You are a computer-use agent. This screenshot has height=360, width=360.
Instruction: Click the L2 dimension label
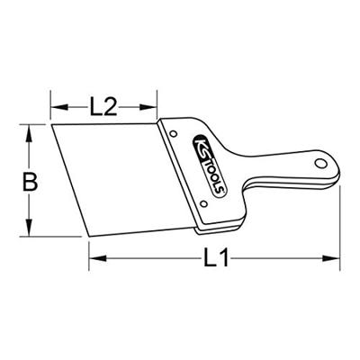pyautogui.click(x=103, y=107)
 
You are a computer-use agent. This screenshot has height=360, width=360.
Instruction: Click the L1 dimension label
pyautogui.click(x=216, y=257)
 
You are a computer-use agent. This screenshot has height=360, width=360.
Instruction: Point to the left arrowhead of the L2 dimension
pyautogui.click(x=59, y=107)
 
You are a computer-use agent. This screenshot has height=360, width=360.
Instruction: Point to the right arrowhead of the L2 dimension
pyautogui.click(x=148, y=107)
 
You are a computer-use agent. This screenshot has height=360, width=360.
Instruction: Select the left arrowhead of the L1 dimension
pyautogui.click(x=98, y=258)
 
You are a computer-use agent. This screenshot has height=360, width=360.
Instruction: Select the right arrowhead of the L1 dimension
pyautogui.click(x=331, y=258)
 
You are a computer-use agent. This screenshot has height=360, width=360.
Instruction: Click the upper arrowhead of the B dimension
pyautogui.click(x=29, y=133)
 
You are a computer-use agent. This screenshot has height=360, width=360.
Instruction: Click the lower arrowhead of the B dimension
pyautogui.click(x=29, y=228)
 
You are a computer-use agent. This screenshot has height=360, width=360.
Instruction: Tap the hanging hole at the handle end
pyautogui.click(x=320, y=163)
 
